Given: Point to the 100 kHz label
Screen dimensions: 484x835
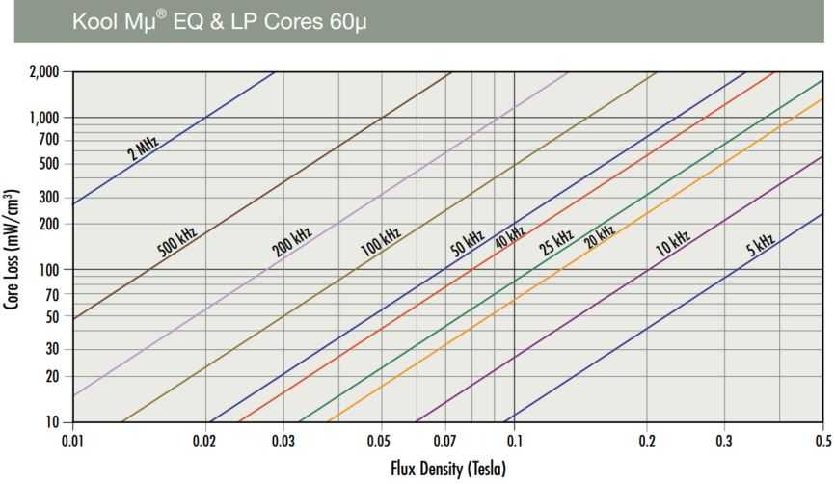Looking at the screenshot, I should [381, 237].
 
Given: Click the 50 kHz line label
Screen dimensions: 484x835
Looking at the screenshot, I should [467, 243].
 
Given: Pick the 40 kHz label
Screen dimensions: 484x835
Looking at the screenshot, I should [510, 236].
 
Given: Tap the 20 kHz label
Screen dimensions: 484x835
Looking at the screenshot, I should [600, 235].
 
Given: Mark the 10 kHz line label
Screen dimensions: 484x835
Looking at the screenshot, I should [673, 242].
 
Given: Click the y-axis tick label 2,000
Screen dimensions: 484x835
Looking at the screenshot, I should [44, 72].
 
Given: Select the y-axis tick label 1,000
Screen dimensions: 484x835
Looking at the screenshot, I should [44, 118].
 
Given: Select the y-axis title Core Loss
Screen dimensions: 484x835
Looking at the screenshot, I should [13, 248].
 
